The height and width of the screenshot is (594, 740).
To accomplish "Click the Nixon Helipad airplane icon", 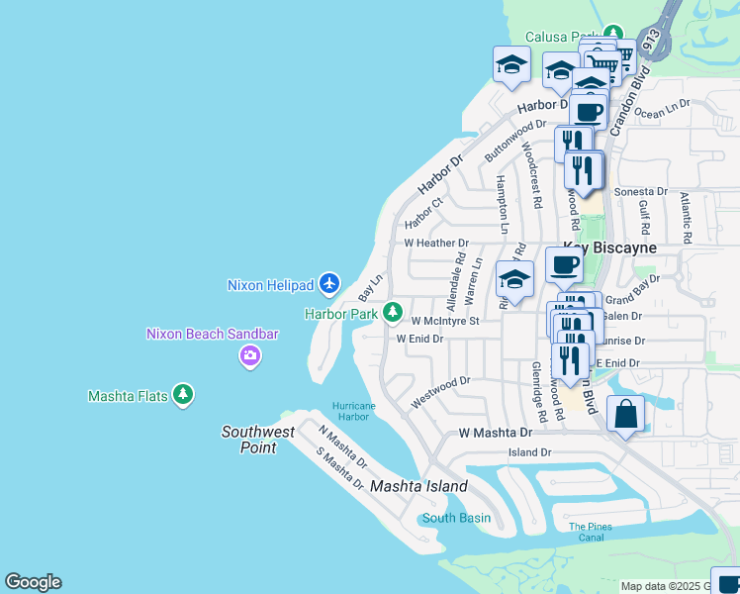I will click(330, 284).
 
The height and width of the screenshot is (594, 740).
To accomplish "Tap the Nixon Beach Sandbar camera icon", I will click(249, 355).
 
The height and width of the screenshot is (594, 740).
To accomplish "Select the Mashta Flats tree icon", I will click(182, 396).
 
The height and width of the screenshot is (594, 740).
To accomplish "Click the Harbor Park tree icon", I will click(393, 313).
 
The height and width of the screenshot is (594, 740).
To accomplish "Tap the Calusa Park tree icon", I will click(613, 37).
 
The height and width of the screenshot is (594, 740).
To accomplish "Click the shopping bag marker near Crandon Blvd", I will click(625, 414).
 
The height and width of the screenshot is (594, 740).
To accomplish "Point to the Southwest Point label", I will click(258, 440).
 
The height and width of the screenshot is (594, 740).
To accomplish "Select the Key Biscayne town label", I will click(609, 247).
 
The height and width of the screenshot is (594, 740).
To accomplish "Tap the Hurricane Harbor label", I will click(354, 412).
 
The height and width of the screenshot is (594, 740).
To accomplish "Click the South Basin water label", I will click(456, 518).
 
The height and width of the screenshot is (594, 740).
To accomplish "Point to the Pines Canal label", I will click(591, 532).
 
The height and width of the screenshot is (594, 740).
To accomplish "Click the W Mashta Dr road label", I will click(496, 434).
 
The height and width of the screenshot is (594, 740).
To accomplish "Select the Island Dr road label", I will click(529, 452).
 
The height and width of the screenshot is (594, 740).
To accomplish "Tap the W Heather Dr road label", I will click(435, 243).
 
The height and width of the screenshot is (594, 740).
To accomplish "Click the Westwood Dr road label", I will click(440, 391).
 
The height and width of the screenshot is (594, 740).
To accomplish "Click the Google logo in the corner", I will click(33, 582).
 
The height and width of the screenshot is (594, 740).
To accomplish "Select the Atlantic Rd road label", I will click(685, 211).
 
